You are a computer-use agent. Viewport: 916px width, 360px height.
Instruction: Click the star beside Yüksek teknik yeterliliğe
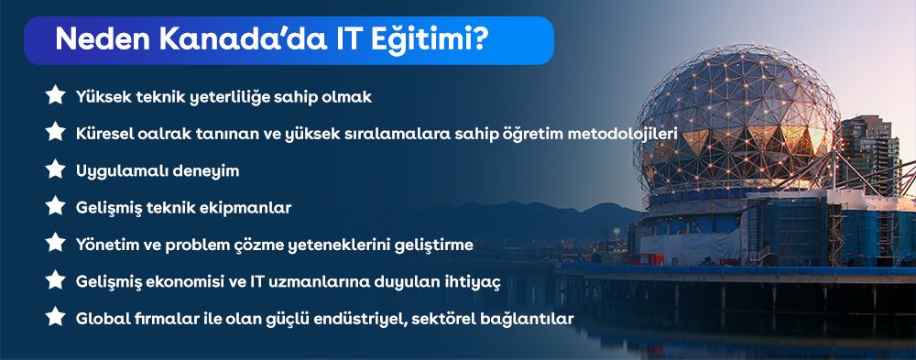click(x=55, y=94)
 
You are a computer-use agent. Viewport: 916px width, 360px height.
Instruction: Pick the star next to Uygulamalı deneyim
click(x=55, y=169)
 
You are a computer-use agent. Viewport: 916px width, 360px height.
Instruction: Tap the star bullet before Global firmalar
click(x=55, y=317)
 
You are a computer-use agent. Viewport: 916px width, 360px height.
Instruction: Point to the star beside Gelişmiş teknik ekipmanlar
click(x=55, y=206)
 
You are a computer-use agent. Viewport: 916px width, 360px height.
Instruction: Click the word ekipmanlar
click(x=258, y=209)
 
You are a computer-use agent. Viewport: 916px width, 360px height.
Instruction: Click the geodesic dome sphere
click(x=737, y=121)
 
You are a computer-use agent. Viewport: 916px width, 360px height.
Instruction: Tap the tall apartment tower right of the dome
click(x=869, y=154)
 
